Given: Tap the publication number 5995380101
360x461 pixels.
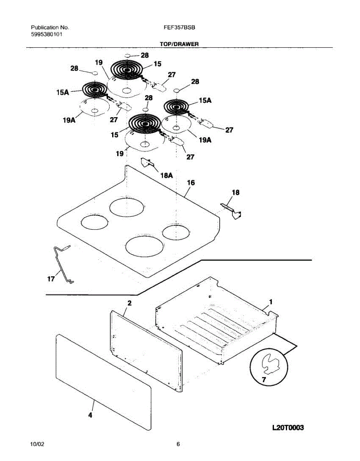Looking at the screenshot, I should [x=47, y=34].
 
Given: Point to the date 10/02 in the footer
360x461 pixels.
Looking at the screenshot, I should [x=37, y=444].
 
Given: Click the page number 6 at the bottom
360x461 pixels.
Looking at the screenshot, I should [x=178, y=444].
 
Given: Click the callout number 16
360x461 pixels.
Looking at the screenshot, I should [x=191, y=183].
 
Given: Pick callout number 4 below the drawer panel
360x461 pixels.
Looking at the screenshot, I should [x=90, y=415].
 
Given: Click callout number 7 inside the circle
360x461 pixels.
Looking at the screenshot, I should [x=264, y=380].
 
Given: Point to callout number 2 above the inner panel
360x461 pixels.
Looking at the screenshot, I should [x=129, y=303].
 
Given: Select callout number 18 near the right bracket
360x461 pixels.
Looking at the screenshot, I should [x=236, y=192].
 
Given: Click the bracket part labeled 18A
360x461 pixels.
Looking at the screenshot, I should [x=147, y=163].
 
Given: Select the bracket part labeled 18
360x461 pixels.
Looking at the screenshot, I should [x=233, y=211].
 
